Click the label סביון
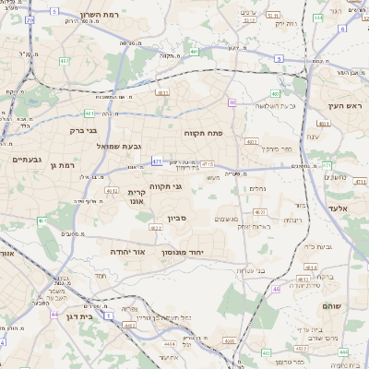click(177, 220)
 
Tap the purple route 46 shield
click(275, 289)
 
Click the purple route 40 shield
click(232, 102)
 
